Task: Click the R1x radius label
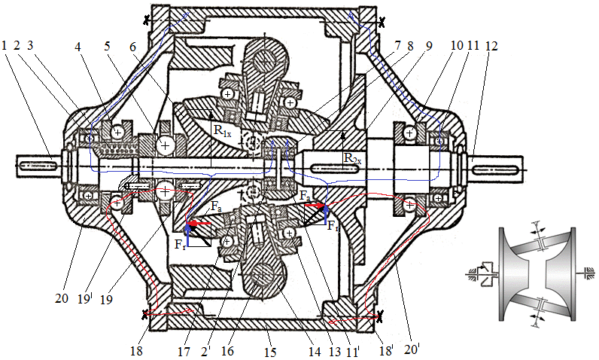point(220,131)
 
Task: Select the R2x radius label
point(351,158)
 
